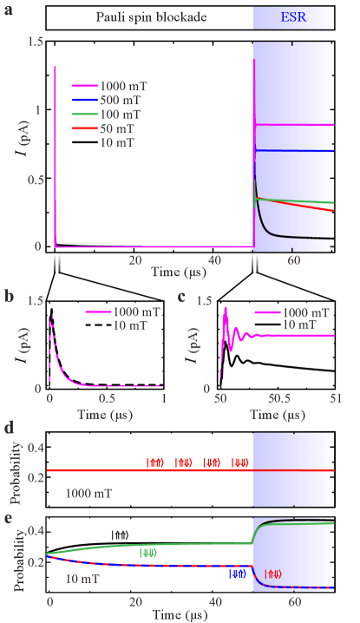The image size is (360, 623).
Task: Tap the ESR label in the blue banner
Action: tap(293, 16)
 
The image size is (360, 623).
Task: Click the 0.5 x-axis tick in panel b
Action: tap(106, 397)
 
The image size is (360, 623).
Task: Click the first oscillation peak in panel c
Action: tap(226, 308)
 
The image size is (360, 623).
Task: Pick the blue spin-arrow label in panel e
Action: tap(237, 574)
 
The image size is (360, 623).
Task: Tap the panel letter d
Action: tap(9, 427)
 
